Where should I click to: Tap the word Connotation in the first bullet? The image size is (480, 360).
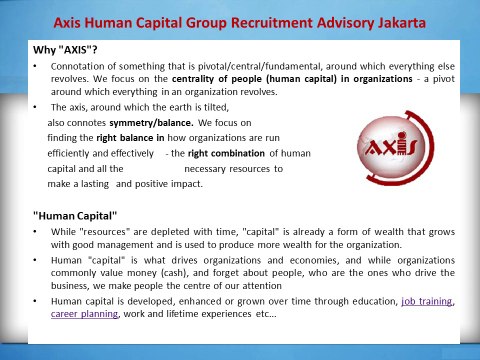tap(78, 66)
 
